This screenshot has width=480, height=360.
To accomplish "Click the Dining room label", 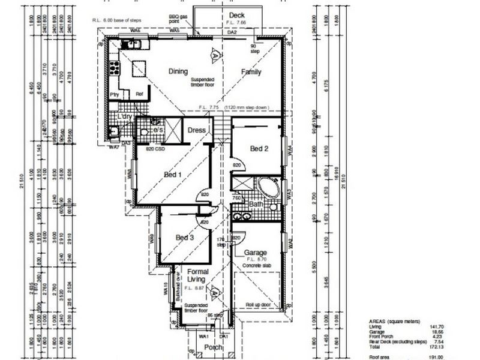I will coord(178,71).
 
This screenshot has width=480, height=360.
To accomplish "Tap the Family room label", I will coord(251,71).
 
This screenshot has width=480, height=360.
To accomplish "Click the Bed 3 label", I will coord(185,238).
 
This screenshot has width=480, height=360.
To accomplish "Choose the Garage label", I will coord(255,253).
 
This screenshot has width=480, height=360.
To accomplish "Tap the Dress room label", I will coord(197,130).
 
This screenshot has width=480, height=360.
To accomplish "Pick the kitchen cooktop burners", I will coord(128,43).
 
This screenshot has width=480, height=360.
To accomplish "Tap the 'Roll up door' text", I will coord(258,305).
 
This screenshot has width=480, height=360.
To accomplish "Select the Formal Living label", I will coord(198,276).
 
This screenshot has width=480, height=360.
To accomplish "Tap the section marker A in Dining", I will coord(214,55).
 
